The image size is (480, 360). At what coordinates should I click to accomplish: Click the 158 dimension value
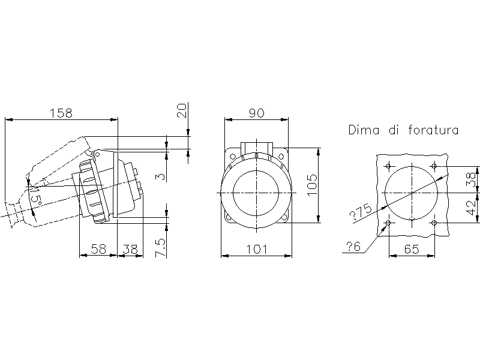click(61, 113)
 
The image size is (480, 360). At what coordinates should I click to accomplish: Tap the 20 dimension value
click(182, 110)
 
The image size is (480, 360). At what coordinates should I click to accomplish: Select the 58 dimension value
click(98, 249)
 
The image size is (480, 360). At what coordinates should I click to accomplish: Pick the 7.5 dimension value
click(160, 248)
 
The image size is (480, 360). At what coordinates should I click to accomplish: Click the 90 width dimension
click(256, 113)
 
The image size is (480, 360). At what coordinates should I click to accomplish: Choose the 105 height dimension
click(312, 185)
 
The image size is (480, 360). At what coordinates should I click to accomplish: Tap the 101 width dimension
click(257, 249)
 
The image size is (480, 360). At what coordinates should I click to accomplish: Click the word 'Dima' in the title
click(364, 130)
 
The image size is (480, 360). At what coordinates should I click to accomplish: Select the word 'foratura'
click(433, 130)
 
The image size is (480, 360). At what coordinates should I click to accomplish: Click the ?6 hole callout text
click(353, 246)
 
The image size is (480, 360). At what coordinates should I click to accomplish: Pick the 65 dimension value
click(412, 249)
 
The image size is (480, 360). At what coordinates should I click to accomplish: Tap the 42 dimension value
click(472, 207)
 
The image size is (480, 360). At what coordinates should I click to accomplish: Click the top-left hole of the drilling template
click(389, 166)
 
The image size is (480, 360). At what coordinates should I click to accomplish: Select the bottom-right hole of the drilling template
click(434, 223)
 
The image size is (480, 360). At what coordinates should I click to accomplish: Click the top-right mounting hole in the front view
click(281, 157)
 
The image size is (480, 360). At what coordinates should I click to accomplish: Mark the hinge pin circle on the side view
click(97, 155)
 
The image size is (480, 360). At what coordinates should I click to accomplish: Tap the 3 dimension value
click(161, 177)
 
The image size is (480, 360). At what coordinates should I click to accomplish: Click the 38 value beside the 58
click(130, 249)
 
